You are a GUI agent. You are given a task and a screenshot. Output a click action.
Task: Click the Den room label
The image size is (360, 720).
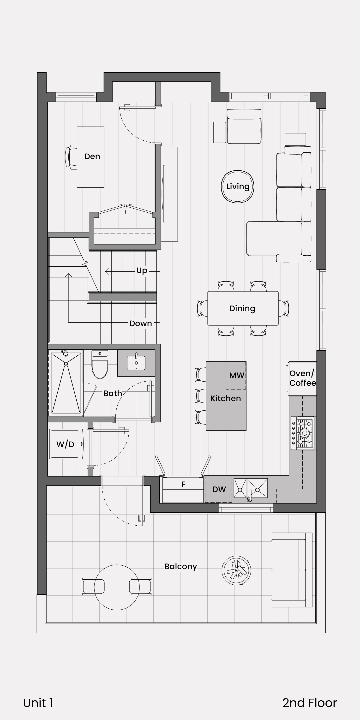[x=92, y=156]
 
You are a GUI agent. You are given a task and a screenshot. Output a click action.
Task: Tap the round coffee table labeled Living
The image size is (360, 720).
[x=238, y=186]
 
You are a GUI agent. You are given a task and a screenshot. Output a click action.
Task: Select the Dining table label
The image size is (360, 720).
[x=242, y=308]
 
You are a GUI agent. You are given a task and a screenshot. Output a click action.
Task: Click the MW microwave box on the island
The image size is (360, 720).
[x=236, y=375]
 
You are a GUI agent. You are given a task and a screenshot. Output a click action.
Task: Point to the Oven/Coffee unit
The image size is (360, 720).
[x=302, y=378]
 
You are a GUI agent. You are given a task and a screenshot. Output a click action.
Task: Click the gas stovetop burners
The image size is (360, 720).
[x=305, y=433]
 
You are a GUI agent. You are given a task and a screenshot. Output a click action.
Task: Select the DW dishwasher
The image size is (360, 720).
[x=219, y=489]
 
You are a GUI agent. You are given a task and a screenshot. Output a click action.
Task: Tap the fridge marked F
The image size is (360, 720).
[x=183, y=489]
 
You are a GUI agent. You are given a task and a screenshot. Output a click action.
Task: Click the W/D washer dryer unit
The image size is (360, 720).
[x=66, y=444]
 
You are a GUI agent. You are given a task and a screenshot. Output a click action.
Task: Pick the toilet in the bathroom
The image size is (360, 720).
[x=100, y=365]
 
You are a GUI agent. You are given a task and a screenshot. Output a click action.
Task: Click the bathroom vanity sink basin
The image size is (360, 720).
[x=136, y=363]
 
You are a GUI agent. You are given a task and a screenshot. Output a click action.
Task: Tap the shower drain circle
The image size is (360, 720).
[x=66, y=364]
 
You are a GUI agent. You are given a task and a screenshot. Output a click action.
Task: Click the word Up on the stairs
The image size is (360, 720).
[x=142, y=271]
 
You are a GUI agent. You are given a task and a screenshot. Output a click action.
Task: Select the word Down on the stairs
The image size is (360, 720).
[x=141, y=323]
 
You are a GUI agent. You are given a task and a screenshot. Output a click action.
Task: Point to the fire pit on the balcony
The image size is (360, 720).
[x=236, y=570]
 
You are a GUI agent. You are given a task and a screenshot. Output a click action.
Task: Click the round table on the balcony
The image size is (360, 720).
[x=117, y=587]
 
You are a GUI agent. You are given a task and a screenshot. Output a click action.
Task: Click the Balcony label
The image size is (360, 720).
[x=180, y=567]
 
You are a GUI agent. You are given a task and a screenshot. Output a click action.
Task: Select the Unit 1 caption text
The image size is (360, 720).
[x=38, y=703]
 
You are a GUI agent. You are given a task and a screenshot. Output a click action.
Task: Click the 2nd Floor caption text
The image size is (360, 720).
[x=310, y=703]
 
